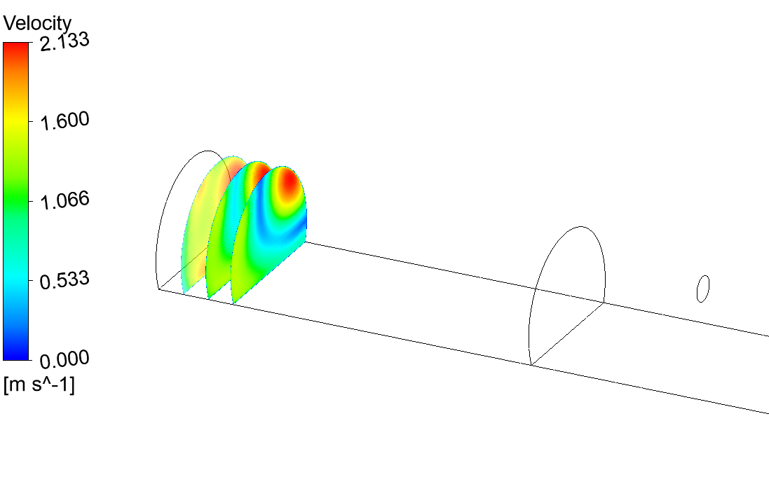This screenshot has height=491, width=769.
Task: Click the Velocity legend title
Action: (37, 23)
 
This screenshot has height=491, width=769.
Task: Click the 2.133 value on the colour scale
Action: (64, 41)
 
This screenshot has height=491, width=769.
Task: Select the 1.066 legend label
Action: (64, 200)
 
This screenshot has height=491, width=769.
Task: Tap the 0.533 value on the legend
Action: (64, 280)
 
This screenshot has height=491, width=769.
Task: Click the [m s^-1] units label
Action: (39, 385)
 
